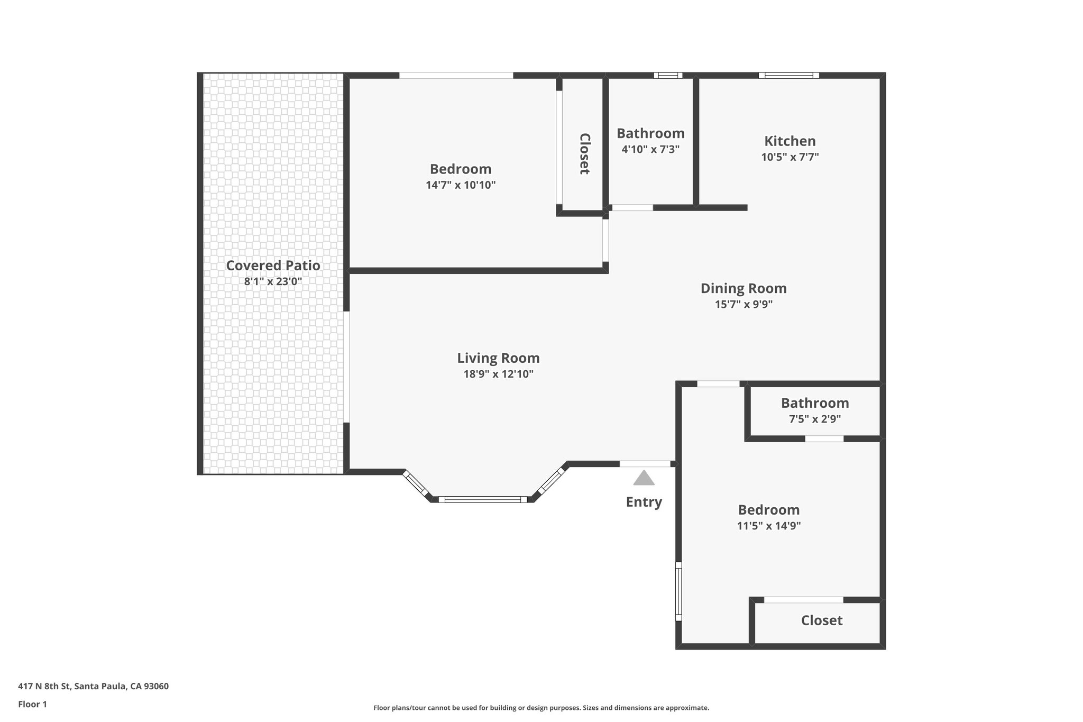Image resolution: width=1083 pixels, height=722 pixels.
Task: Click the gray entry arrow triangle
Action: (644, 478)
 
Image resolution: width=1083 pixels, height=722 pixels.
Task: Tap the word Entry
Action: (644, 502)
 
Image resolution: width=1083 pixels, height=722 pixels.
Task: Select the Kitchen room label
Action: (790, 141)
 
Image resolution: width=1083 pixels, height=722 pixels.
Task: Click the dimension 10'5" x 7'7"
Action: (790, 157)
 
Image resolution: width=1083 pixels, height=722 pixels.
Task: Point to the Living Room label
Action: (498, 358)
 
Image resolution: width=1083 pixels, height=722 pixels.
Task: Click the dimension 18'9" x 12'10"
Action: (498, 374)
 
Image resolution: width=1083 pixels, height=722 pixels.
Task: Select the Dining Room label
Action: (744, 288)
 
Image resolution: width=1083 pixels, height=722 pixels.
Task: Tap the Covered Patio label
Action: (273, 266)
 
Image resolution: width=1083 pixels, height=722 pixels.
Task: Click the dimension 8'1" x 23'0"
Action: (273, 281)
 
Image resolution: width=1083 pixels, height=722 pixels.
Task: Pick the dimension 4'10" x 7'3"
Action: (650, 149)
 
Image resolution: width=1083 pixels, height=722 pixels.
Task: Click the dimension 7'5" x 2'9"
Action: (814, 419)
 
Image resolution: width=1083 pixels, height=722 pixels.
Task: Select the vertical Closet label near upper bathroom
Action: (584, 153)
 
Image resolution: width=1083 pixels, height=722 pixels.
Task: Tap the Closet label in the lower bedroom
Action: (821, 620)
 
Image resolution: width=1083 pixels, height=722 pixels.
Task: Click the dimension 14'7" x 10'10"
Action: (461, 185)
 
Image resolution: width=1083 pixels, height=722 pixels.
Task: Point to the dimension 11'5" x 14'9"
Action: (768, 526)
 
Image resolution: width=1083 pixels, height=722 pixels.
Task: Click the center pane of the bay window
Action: (482, 499)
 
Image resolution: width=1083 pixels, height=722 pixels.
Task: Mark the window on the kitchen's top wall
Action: (788, 75)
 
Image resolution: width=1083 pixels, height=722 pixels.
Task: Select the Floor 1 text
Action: (32, 705)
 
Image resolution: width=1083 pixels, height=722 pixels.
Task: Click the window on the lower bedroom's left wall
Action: (678, 591)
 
